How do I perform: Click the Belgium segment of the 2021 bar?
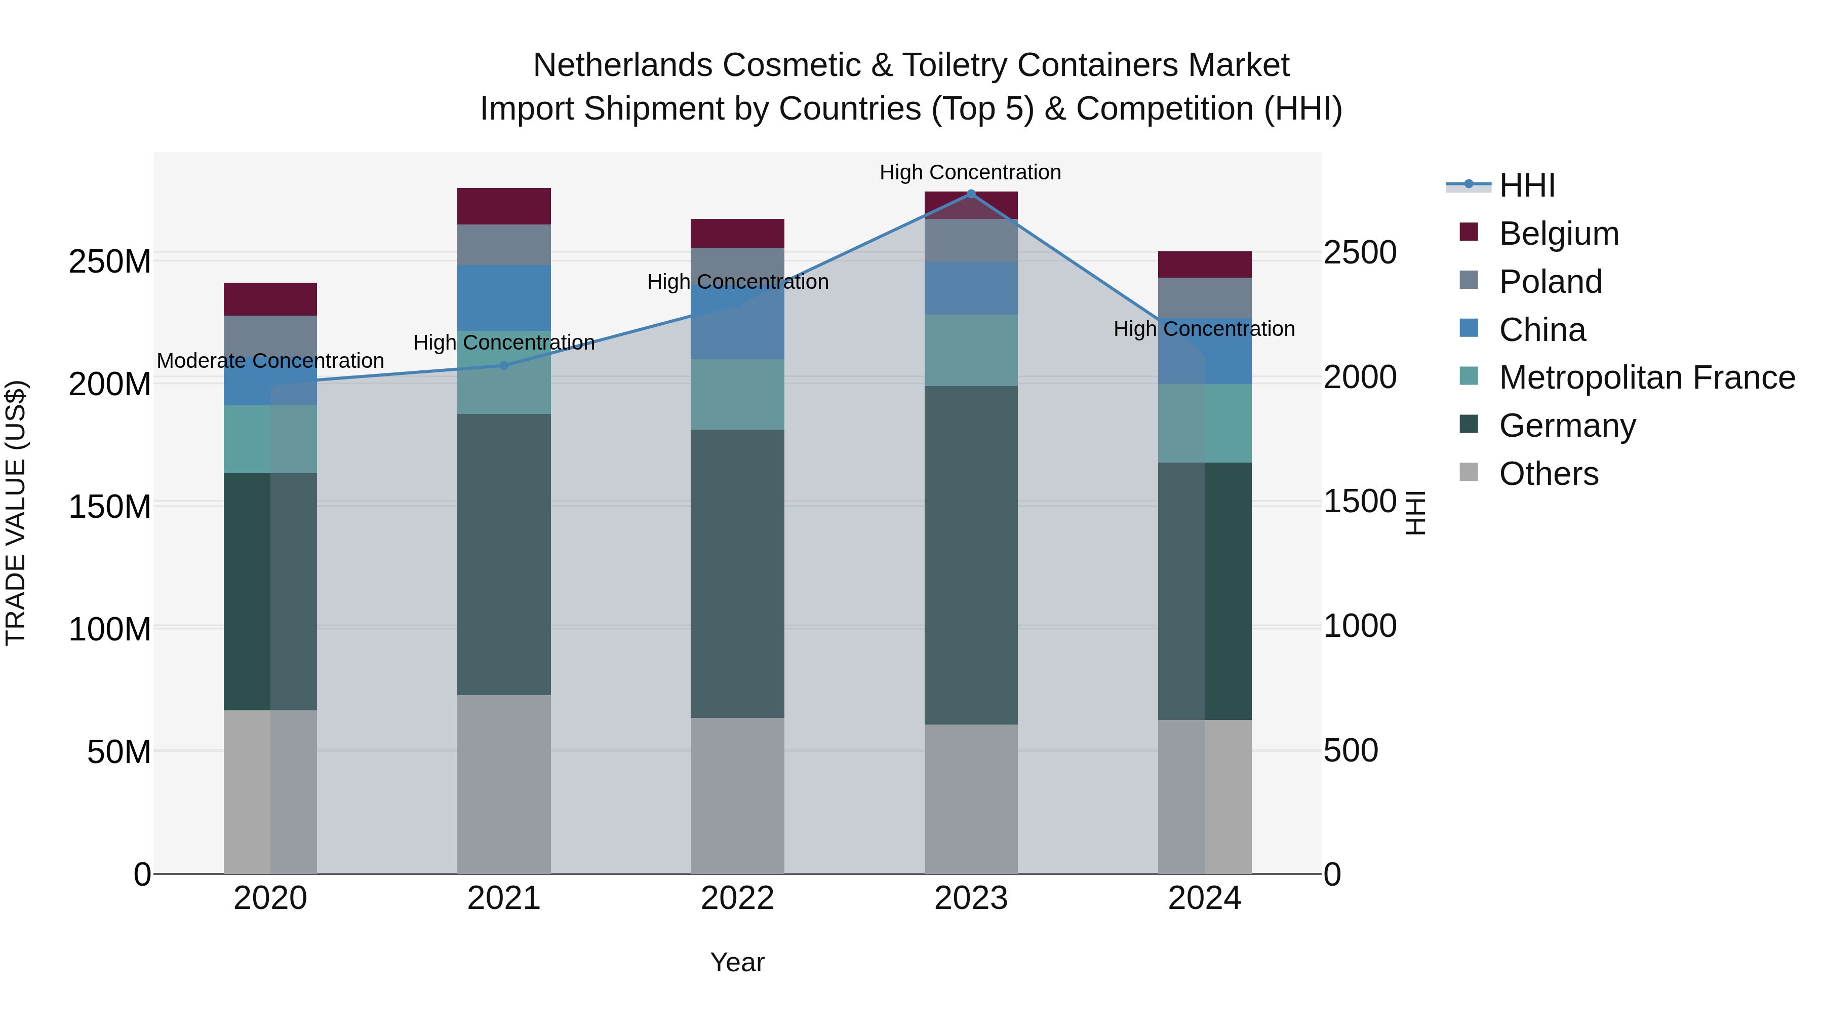(x=504, y=206)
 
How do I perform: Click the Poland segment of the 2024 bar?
(x=1205, y=297)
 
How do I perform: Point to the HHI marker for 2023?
(x=971, y=194)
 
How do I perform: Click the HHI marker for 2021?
(x=504, y=365)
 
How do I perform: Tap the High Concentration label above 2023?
(x=970, y=172)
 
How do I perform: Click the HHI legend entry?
(x=1527, y=185)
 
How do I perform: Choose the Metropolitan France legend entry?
(x=1647, y=377)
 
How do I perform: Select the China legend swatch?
(x=1469, y=328)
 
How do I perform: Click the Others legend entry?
(x=1549, y=474)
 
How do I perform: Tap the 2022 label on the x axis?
(x=737, y=898)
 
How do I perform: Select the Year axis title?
(x=737, y=962)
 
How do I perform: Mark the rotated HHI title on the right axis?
(x=1415, y=513)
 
